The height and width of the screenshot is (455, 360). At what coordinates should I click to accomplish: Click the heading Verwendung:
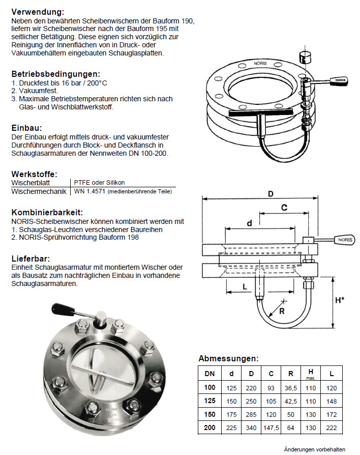pyautogui.click(x=38, y=11)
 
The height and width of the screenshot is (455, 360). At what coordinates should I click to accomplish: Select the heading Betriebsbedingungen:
pyautogui.click(x=55, y=74)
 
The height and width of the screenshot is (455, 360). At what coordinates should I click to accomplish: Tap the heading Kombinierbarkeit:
pyautogui.click(x=47, y=212)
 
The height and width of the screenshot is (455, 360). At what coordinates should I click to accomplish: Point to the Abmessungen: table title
pyautogui.click(x=228, y=358)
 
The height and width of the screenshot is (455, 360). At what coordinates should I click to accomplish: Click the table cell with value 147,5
pyautogui.click(x=271, y=428)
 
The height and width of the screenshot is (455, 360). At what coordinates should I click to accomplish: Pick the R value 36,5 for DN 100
pyautogui.click(x=291, y=388)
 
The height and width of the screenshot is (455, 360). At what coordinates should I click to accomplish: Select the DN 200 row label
pyautogui.click(x=209, y=428)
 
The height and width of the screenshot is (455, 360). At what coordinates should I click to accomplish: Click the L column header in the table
pyautogui.click(x=332, y=373)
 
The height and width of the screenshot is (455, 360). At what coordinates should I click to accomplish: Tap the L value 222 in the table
pyautogui.click(x=332, y=428)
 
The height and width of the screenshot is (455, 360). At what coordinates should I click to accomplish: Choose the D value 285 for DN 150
pyautogui.click(x=251, y=414)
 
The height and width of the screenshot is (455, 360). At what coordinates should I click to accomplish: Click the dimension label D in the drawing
pyautogui.click(x=271, y=194)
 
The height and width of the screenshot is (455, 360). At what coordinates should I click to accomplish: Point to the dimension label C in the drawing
pyautogui.click(x=284, y=207)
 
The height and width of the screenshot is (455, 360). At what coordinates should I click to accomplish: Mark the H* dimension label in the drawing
pyautogui.click(x=339, y=300)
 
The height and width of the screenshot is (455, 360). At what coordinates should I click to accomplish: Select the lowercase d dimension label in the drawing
pyautogui.click(x=249, y=223)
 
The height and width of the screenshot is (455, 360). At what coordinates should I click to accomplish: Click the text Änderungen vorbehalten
pyautogui.click(x=314, y=449)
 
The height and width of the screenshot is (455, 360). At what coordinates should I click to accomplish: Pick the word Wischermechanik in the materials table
pyautogui.click(x=39, y=191)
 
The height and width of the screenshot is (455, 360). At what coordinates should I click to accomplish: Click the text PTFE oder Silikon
pyautogui.click(x=99, y=182)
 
